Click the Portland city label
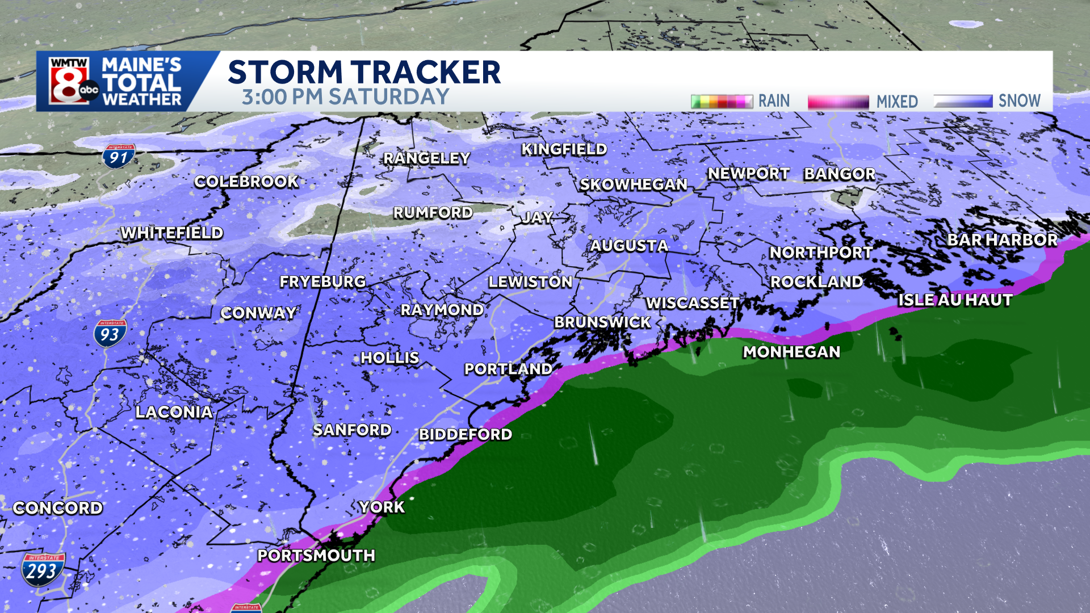(508, 369)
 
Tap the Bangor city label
(839, 174)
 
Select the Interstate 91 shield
(119, 157)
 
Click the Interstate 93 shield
(110, 333)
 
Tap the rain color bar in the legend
(722, 102)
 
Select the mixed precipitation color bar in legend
(838, 102)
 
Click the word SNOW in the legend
(1019, 101)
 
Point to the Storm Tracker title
(364, 72)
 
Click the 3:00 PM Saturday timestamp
(345, 97)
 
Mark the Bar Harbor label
(1002, 240)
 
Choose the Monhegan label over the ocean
(791, 352)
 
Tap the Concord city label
(58, 508)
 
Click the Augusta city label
(629, 246)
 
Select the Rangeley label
(426, 158)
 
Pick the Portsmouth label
(316, 555)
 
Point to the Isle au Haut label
(955, 300)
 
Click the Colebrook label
(246, 182)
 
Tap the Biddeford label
(466, 435)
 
